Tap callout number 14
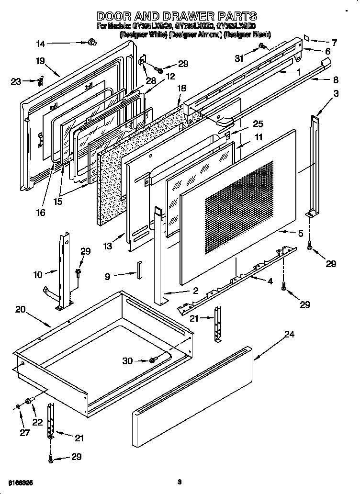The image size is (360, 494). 41,44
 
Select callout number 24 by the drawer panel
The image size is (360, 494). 289,335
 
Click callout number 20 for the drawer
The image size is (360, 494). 20,309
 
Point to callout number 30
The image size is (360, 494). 127,361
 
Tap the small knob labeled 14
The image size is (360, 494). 90,43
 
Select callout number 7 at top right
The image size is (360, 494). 334,43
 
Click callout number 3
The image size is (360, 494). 337,94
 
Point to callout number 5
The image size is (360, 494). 300,234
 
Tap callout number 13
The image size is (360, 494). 108,246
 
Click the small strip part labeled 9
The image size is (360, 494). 140,270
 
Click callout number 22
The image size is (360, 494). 37,422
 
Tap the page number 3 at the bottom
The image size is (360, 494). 179,481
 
